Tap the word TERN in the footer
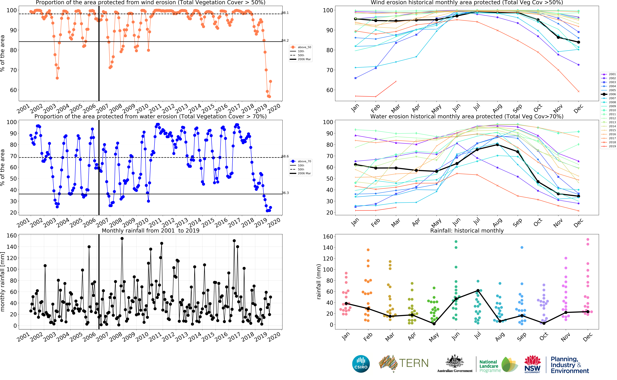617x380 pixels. click(x=414, y=363)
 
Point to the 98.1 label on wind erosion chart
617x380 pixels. click(x=285, y=13)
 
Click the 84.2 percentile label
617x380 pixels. click(x=285, y=40)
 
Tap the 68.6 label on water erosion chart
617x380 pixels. click(x=285, y=156)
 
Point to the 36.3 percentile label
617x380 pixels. click(x=285, y=193)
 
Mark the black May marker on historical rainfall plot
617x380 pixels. click(x=434, y=324)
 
